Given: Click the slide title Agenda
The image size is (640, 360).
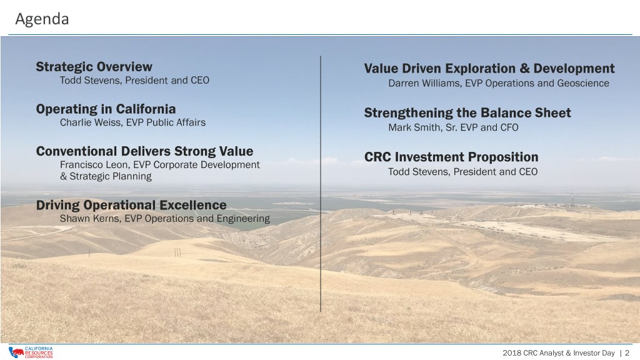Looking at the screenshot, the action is (x=42, y=19).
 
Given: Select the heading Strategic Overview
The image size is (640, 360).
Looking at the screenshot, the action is (x=94, y=66).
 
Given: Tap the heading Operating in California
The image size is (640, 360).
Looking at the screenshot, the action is (x=106, y=109).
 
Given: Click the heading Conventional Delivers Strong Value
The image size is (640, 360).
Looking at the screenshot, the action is (x=144, y=151).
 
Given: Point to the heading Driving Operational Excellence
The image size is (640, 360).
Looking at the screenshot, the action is (x=131, y=205).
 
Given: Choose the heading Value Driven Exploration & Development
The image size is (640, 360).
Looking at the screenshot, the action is (x=489, y=68).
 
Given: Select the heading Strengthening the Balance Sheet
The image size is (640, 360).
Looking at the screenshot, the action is (x=467, y=112).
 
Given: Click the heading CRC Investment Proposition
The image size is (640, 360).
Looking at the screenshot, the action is (x=451, y=157).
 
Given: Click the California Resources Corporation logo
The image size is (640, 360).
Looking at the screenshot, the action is (x=31, y=352).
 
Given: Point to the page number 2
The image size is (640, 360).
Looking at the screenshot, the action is (x=627, y=353).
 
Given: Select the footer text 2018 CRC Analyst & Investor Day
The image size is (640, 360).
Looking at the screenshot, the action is (x=558, y=353).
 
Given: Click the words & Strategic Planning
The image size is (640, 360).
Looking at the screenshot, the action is (x=106, y=176).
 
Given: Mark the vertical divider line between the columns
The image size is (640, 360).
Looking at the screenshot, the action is (x=321, y=184).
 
